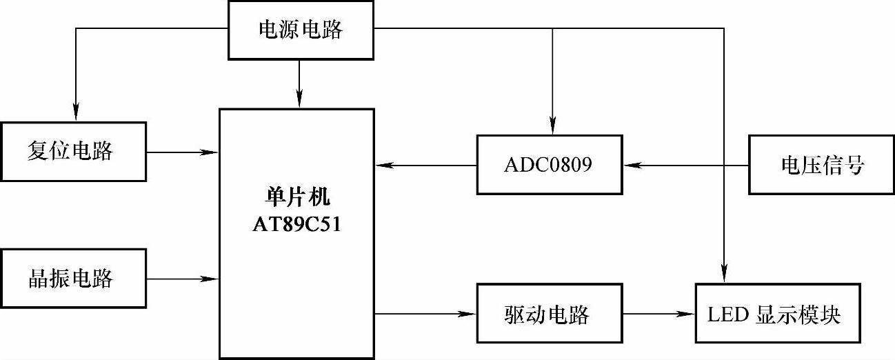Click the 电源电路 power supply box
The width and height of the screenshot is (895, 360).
[300, 30]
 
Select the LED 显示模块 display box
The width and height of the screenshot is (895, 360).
[778, 314]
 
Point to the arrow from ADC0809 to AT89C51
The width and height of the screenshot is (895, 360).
[425, 166]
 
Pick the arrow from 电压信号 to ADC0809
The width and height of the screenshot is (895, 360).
[685, 166]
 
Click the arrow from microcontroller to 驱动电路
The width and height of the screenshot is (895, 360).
[425, 314]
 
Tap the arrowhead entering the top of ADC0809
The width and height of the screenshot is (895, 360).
[552, 126]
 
